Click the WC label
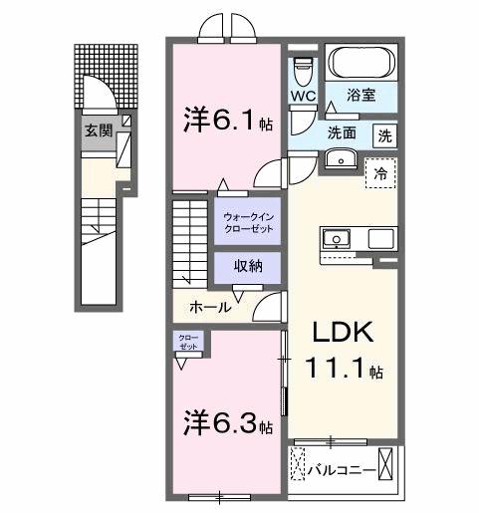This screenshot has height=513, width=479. [x=304, y=97]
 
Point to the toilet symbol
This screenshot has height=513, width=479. [x=305, y=70]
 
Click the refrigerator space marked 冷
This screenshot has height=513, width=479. [x=379, y=171]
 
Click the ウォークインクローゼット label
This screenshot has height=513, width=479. [x=247, y=220]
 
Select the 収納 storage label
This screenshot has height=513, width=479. [x=248, y=266]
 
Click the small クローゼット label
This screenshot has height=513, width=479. [x=187, y=342]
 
